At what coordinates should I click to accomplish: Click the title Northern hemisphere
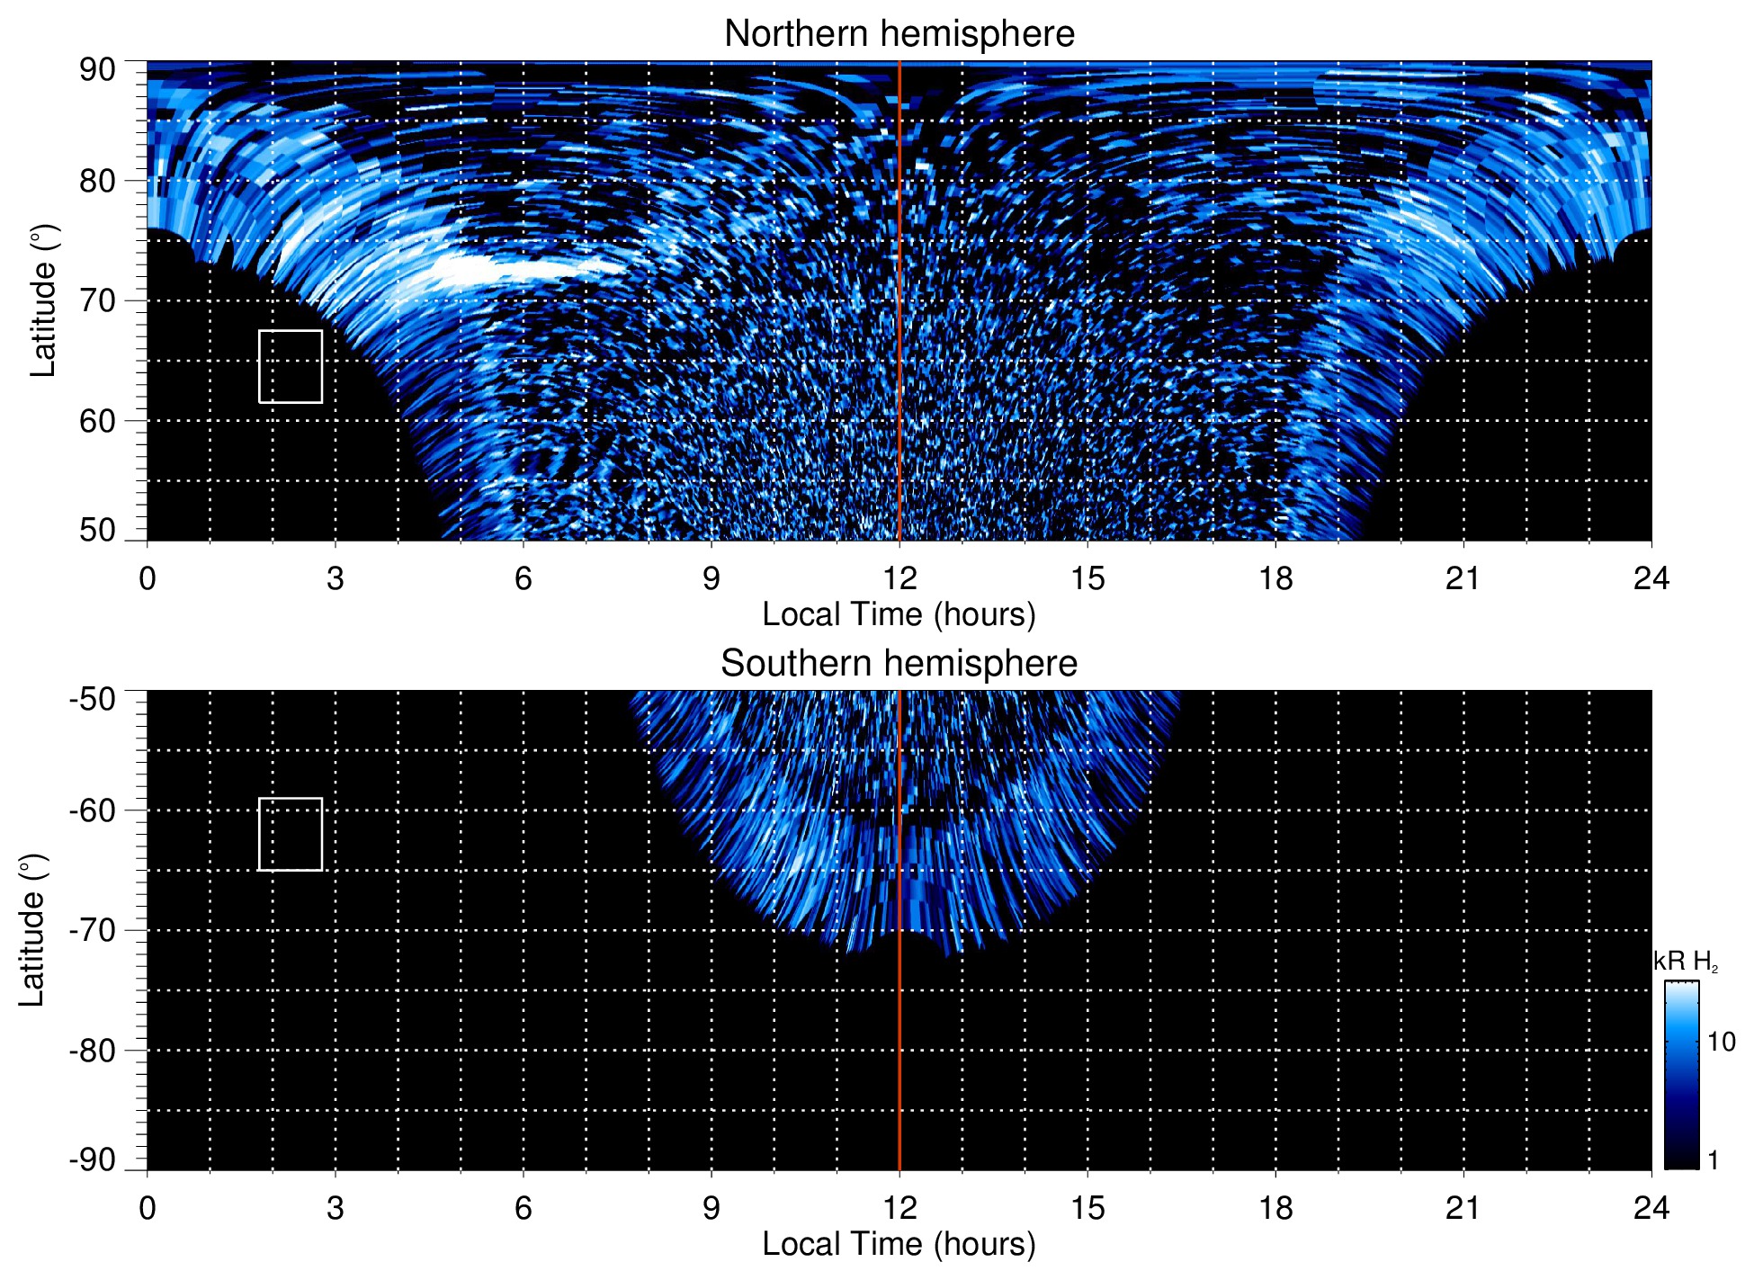coord(899,34)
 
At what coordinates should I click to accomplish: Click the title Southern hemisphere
coord(899,664)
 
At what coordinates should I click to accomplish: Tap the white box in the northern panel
coord(291,366)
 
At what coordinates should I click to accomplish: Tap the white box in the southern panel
coord(291,834)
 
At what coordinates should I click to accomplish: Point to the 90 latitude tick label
coord(97,70)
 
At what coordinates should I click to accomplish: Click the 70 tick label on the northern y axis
coord(97,300)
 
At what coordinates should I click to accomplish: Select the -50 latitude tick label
coord(93,700)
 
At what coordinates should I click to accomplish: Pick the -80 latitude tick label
coord(93,1051)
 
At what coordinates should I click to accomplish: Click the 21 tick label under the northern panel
coord(1463,578)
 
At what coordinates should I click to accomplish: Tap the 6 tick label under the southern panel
coord(524,1208)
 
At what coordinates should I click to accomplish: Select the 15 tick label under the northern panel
coord(1087,578)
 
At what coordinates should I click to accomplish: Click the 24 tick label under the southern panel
coord(1651,1208)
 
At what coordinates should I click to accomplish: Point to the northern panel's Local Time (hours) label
coord(899,614)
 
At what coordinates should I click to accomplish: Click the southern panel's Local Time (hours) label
coord(899,1244)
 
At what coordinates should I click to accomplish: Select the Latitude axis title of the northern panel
coord(43,300)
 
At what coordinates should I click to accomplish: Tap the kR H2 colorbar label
coord(1686,962)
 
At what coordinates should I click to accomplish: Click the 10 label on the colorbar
coord(1721,1042)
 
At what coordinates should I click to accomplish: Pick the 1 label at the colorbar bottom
coord(1713,1160)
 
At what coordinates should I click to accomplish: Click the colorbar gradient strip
coord(1680,1075)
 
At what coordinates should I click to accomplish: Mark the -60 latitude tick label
coord(93,810)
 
